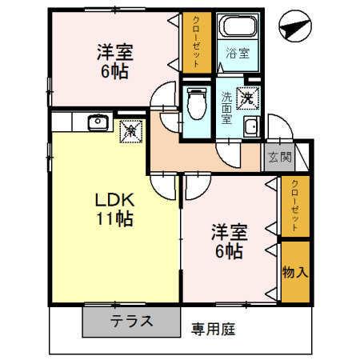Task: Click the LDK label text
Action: point(114,199)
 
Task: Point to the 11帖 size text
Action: point(114,218)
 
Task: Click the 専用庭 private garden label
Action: point(213,328)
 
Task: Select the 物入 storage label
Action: point(294,272)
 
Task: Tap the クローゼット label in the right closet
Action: point(294,206)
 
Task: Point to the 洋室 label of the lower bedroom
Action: point(230,233)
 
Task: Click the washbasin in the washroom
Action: point(251,126)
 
